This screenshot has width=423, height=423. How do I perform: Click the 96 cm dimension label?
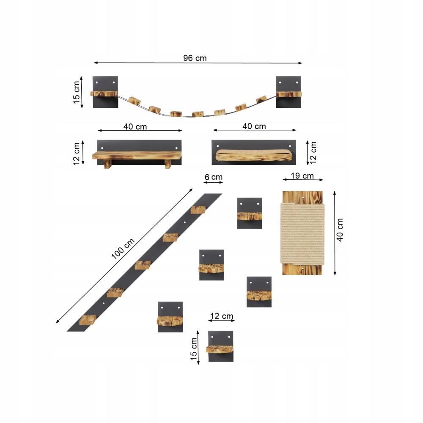(x=195, y=58)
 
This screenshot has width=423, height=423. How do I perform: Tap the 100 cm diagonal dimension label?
(x=123, y=249)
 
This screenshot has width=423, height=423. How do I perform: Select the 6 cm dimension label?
(x=213, y=177)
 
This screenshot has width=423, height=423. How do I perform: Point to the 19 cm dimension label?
(x=302, y=176)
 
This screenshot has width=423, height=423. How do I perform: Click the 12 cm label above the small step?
(x=222, y=316)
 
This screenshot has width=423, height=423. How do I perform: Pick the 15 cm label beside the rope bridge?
(x=77, y=92)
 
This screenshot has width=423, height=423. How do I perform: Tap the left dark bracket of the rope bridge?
(x=105, y=92)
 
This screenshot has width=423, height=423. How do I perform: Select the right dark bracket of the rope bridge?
(x=288, y=92)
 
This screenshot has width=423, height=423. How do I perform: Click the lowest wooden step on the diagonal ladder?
(x=88, y=320)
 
